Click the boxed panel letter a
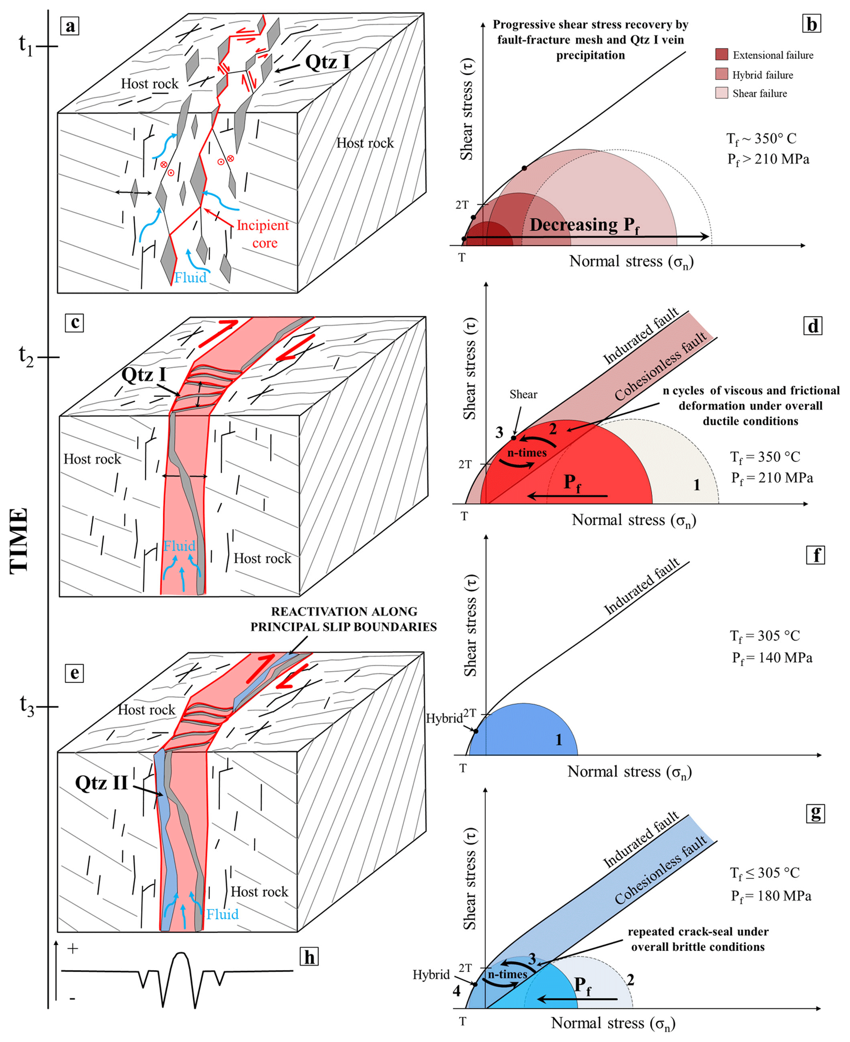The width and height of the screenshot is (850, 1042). pos(70,25)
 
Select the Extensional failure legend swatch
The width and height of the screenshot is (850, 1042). pos(722,54)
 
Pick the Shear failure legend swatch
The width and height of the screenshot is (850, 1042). pos(722,93)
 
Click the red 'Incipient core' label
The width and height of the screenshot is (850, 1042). pos(263,234)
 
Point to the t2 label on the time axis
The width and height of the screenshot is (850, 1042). pos(26,357)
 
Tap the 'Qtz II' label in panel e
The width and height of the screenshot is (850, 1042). pos(101,783)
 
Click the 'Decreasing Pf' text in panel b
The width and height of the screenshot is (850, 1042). pos(584,225)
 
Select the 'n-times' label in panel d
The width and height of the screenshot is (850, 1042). pos(527,453)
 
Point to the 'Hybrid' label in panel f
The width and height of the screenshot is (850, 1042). pos(444,718)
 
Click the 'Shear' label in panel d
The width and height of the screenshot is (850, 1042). pos(523,394)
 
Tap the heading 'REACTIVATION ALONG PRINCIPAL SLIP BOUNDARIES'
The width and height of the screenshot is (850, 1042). pos(344,619)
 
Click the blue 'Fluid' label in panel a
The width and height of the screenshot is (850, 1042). pos(190,278)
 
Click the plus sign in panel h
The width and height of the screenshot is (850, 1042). pos(73,949)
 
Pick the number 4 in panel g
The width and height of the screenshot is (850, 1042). pos(456,991)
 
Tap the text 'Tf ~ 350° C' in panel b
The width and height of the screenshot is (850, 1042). pos(761,139)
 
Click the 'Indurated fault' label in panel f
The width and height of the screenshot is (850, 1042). pos(642,586)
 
